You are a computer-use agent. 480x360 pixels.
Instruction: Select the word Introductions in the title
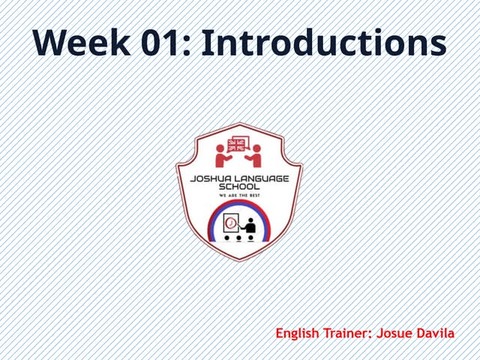325,44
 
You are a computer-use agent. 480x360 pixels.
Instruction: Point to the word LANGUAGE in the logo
268,179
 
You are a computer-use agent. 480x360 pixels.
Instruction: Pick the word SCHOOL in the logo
239,187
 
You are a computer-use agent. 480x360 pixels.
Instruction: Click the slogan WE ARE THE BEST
239,196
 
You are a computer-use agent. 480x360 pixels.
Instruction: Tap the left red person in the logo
223,157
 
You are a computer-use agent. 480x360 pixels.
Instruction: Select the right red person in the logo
255,157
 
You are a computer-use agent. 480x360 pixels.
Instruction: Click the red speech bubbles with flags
238,144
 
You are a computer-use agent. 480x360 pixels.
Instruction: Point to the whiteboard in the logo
231,223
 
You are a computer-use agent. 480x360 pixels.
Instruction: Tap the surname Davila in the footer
436,332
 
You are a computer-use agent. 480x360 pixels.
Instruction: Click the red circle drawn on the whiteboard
231,223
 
